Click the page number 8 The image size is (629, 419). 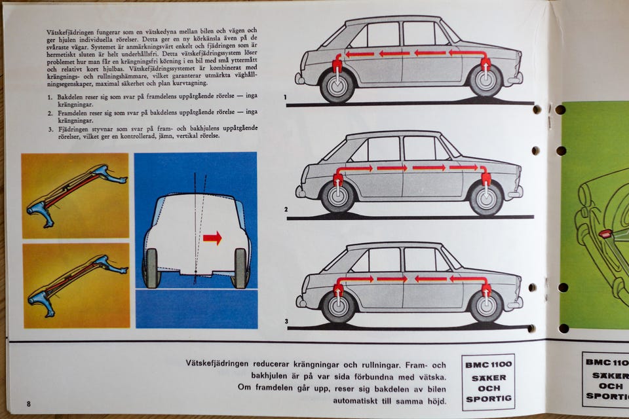pos(28,404)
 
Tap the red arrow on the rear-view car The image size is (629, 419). pos(212,238)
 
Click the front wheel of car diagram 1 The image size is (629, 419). pos(486,80)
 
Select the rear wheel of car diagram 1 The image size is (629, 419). pos(337,86)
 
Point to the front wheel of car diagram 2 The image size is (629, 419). pos(486,198)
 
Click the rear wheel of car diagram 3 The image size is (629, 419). pos(339,307)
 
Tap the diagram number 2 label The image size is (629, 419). pos(286,209)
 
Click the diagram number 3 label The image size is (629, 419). pos(286,321)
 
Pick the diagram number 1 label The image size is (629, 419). pos(285,97)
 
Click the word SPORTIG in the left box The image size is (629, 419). pos(489,399)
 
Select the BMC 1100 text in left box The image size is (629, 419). pos(489,365)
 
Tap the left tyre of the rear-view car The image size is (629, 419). pos(151,268)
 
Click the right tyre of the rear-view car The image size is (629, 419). pos(240,268)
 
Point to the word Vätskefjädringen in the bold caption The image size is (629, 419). pos(217,364)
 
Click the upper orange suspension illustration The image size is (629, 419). pos(75,196)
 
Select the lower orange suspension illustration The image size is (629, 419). pos(76,285)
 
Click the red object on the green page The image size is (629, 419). pos(605,233)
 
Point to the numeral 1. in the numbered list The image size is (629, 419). pos(50,97)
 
